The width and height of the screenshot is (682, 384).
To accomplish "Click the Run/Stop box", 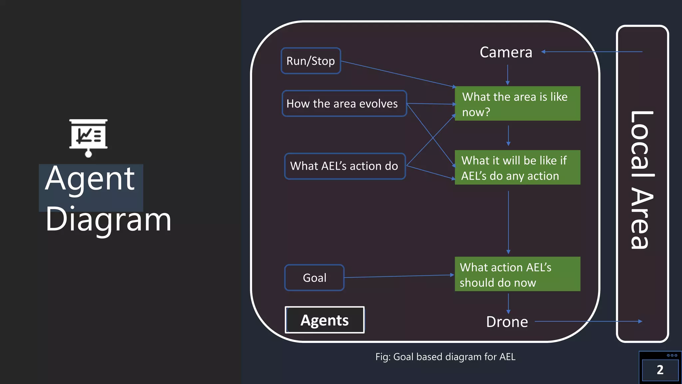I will (311, 61).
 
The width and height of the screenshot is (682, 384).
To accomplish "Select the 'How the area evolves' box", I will (344, 104).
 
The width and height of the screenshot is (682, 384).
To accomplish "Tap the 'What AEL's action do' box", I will (345, 166).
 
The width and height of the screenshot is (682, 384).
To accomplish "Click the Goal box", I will (314, 278).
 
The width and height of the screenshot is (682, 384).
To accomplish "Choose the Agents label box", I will (325, 320).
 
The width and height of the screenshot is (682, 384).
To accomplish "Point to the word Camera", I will (506, 52).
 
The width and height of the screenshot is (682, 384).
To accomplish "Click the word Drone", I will (507, 322).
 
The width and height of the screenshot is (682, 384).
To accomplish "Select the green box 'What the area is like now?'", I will (517, 104).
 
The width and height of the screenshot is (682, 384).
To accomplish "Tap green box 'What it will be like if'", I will (517, 167).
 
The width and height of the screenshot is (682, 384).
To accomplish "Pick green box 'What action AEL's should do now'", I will (517, 274).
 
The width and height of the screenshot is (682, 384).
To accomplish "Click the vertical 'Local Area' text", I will (642, 180).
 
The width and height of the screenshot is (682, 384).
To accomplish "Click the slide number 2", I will (660, 370).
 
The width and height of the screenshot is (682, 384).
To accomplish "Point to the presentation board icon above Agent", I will (88, 137).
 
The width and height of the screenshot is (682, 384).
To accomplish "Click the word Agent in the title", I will (90, 179).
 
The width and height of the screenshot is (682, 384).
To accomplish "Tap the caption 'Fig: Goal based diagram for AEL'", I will (445, 357).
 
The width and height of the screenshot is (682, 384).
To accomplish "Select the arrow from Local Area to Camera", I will (593, 52).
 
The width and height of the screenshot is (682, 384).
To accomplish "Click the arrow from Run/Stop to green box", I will (398, 74).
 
